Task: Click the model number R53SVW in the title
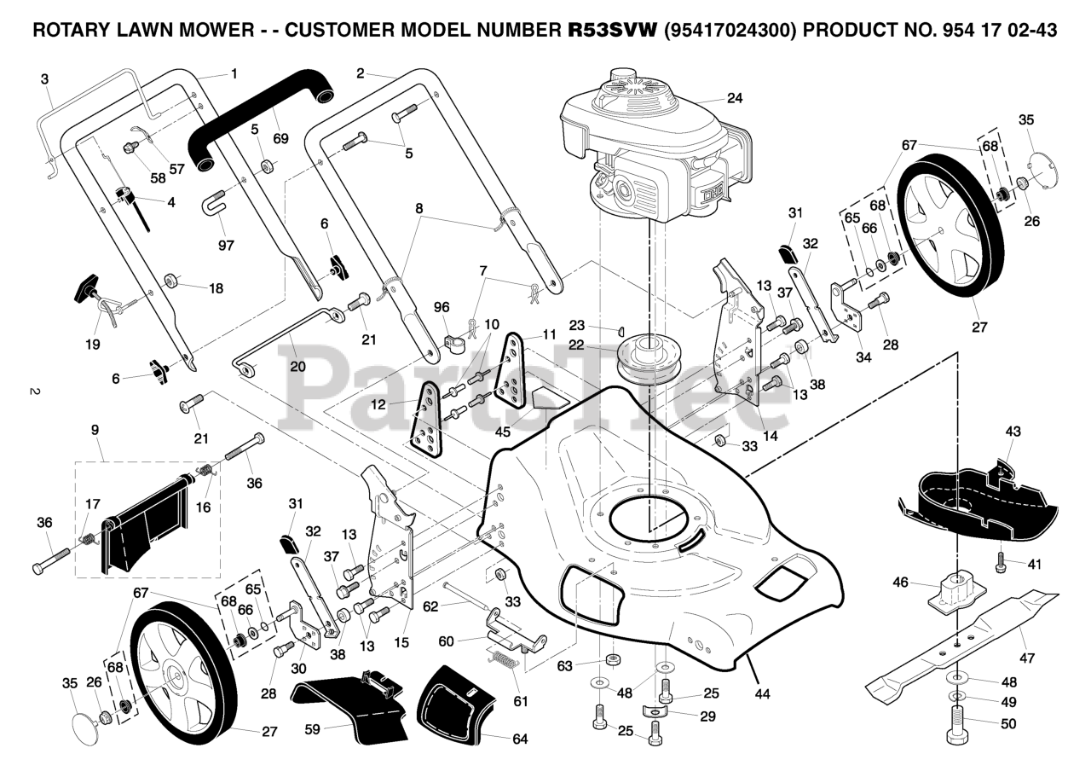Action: point(612,30)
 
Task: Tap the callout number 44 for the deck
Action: point(762,693)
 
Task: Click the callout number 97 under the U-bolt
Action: point(226,244)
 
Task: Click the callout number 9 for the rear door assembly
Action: point(95,430)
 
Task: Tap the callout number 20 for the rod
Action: point(297,366)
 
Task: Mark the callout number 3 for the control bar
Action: point(45,79)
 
